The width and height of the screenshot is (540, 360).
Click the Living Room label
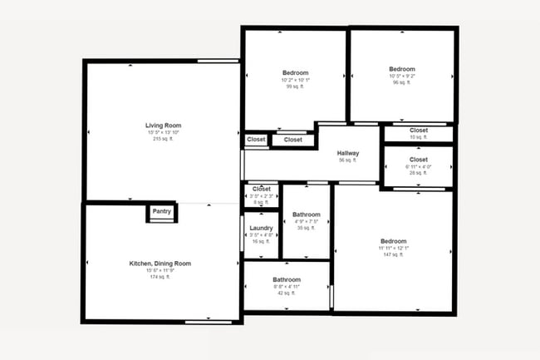[x=163, y=126]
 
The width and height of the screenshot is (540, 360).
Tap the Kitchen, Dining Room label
[x=160, y=264]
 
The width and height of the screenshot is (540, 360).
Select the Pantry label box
[x=161, y=213]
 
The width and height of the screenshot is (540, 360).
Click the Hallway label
[x=348, y=153]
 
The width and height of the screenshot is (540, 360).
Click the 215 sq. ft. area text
[x=163, y=139]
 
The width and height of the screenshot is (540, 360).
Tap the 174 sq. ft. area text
[x=160, y=277]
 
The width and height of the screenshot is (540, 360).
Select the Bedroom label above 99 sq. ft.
[x=295, y=73]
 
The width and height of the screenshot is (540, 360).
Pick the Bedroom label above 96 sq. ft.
[x=402, y=69]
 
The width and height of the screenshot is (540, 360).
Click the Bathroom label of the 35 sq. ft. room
[x=307, y=215]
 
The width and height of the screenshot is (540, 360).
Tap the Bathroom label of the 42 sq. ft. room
[x=287, y=280]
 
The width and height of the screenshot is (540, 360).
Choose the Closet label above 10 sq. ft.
[x=419, y=131]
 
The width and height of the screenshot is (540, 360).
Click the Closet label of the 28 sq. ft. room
[x=419, y=159]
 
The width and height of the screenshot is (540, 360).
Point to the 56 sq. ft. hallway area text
[x=348, y=160]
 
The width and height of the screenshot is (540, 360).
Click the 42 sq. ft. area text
[x=287, y=293]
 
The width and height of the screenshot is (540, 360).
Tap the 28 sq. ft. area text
[x=419, y=172]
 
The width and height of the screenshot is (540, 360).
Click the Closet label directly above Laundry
[x=262, y=189]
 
